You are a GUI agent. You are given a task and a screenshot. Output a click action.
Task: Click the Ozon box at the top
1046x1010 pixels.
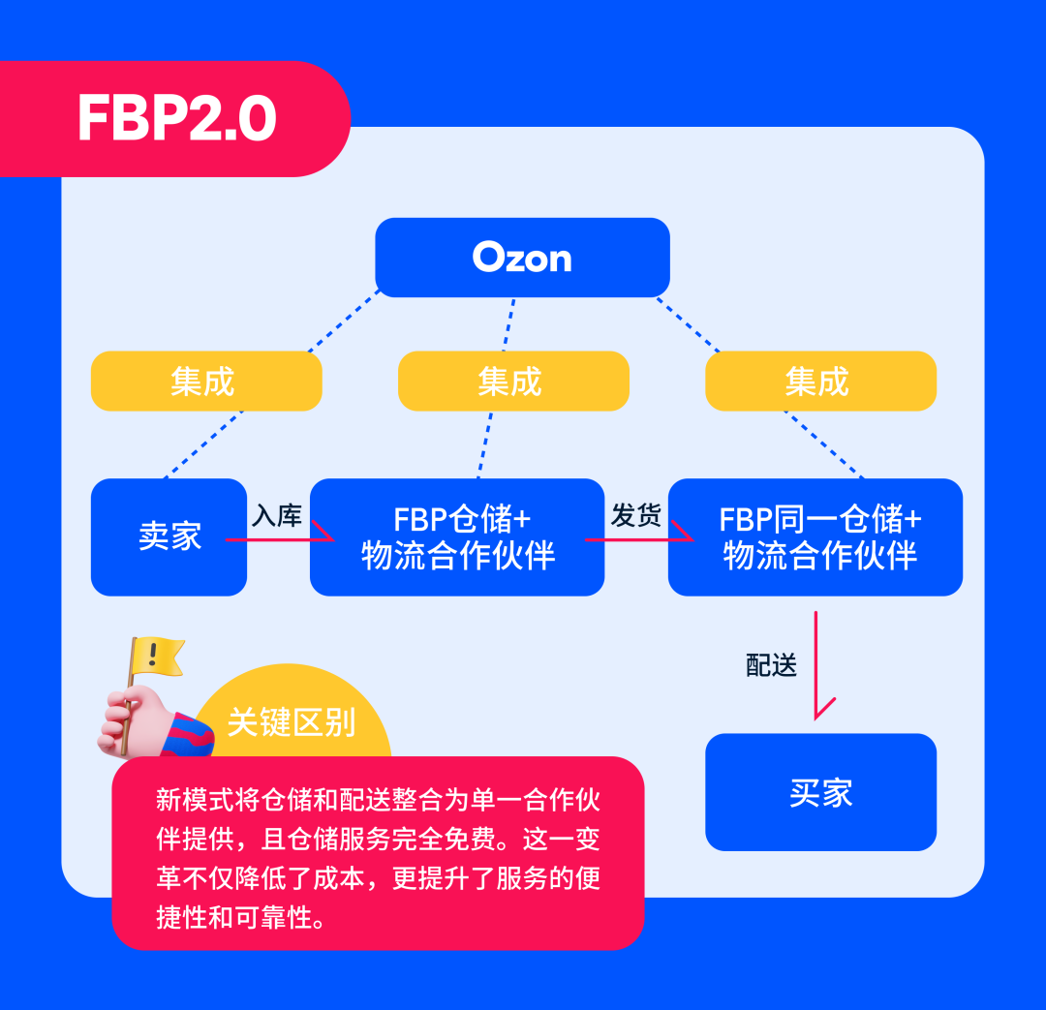(x=522, y=258)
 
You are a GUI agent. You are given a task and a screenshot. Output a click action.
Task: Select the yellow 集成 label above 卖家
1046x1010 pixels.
(x=205, y=381)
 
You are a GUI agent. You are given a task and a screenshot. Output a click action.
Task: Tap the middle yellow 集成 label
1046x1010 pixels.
(x=512, y=381)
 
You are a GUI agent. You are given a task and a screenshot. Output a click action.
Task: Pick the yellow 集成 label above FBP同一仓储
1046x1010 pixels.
(x=819, y=381)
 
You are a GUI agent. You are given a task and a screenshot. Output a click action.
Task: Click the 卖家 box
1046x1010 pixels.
(x=169, y=536)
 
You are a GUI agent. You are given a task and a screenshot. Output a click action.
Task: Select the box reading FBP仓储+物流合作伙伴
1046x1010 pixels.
(x=457, y=536)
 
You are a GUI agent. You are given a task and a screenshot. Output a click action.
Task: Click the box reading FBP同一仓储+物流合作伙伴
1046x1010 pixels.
(x=815, y=536)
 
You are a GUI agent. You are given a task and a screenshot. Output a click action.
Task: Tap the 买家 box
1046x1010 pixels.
(x=820, y=792)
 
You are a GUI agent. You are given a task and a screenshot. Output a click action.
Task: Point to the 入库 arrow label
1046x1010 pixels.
(x=277, y=515)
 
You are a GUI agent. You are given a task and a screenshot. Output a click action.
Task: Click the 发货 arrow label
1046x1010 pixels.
(x=635, y=515)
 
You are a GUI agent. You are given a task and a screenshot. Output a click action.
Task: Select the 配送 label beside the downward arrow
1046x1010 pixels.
(x=772, y=665)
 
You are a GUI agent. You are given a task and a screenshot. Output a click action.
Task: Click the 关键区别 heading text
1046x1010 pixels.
(x=292, y=721)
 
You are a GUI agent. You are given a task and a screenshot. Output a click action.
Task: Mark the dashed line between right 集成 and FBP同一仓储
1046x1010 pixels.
(x=823, y=444)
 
